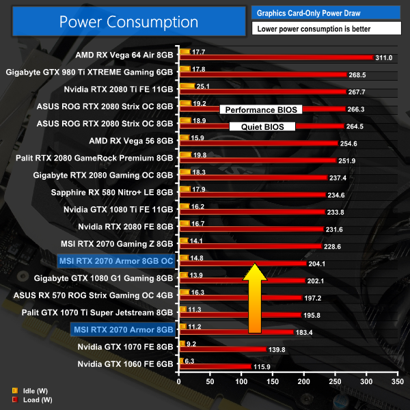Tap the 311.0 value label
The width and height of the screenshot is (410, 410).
(x=384, y=58)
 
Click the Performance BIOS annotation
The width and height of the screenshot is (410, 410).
(x=260, y=109)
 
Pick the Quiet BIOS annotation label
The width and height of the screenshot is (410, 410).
(x=261, y=126)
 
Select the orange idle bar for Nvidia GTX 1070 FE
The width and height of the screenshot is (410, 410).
(x=181, y=344)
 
